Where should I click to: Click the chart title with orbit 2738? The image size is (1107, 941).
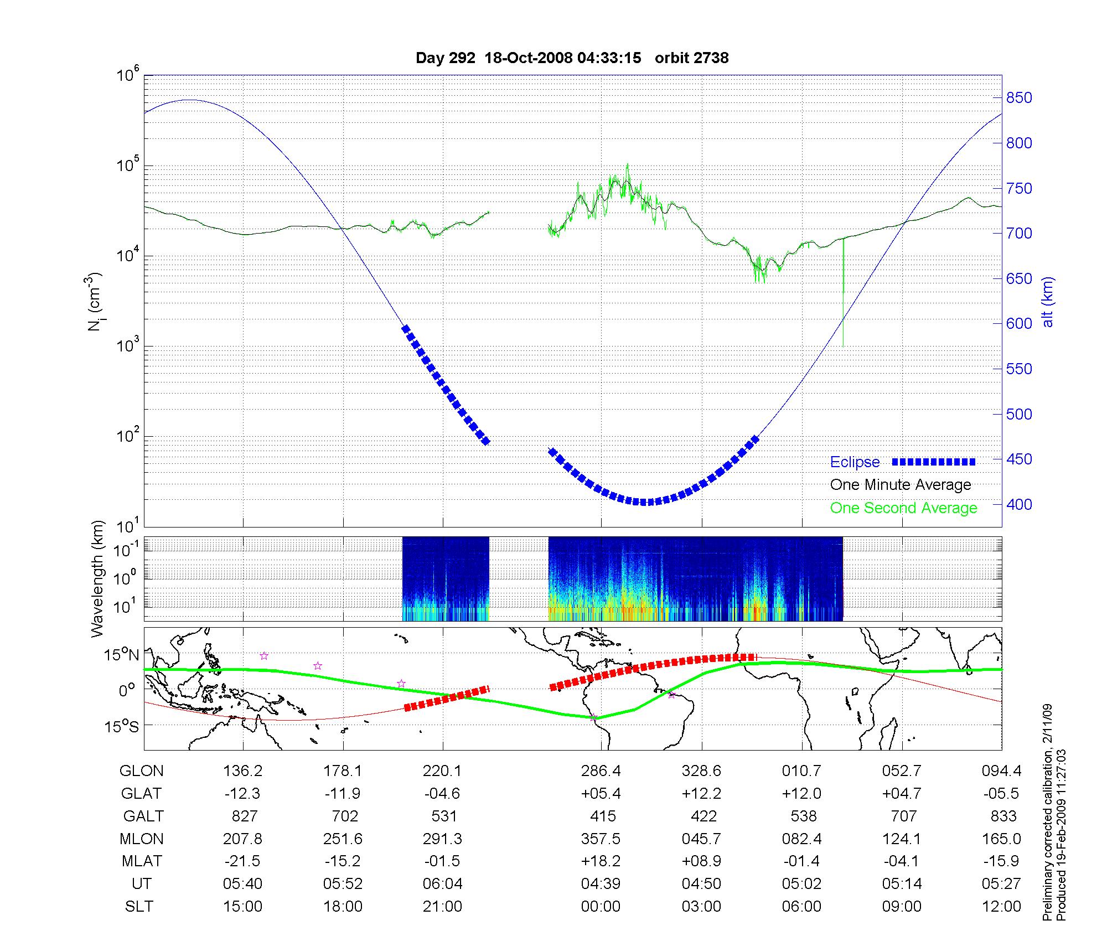(572, 58)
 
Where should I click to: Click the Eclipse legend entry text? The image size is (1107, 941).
(855, 462)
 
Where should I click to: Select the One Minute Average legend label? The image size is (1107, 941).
(901, 485)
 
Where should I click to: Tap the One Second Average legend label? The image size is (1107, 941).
(903, 508)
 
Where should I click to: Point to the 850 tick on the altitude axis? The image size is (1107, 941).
(1019, 98)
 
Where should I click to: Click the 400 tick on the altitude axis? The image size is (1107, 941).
(1019, 504)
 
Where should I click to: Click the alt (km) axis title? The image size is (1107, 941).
(1048, 302)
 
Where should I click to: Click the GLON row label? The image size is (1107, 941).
(142, 771)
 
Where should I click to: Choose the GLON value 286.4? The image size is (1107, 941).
(601, 771)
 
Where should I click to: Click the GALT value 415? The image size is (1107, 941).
(603, 816)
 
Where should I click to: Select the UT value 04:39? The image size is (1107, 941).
(601, 884)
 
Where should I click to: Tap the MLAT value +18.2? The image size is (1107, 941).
(601, 861)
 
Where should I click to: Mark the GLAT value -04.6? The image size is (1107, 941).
(442, 793)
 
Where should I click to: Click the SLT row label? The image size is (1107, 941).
(139, 907)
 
